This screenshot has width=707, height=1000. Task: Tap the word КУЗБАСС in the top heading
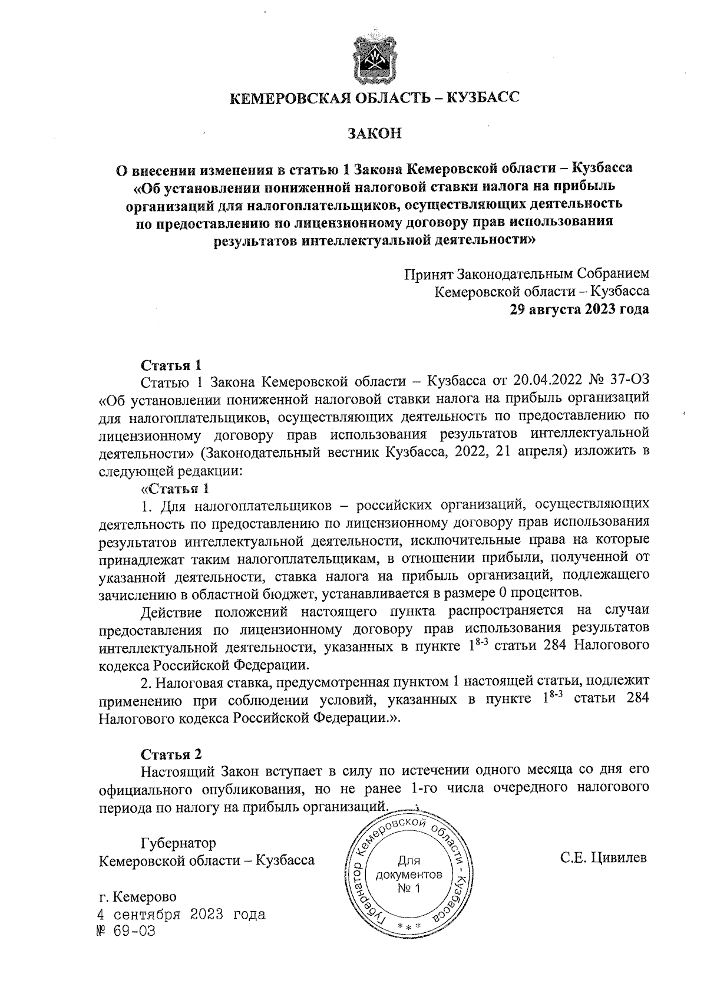[x=484, y=98]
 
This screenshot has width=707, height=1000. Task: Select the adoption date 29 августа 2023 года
[x=580, y=309]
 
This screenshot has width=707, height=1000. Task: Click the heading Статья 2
[x=171, y=755]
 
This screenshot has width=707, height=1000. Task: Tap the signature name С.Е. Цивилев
[x=604, y=858]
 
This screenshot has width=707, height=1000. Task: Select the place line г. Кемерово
[x=138, y=897]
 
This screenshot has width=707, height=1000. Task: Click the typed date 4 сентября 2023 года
[x=182, y=915]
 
